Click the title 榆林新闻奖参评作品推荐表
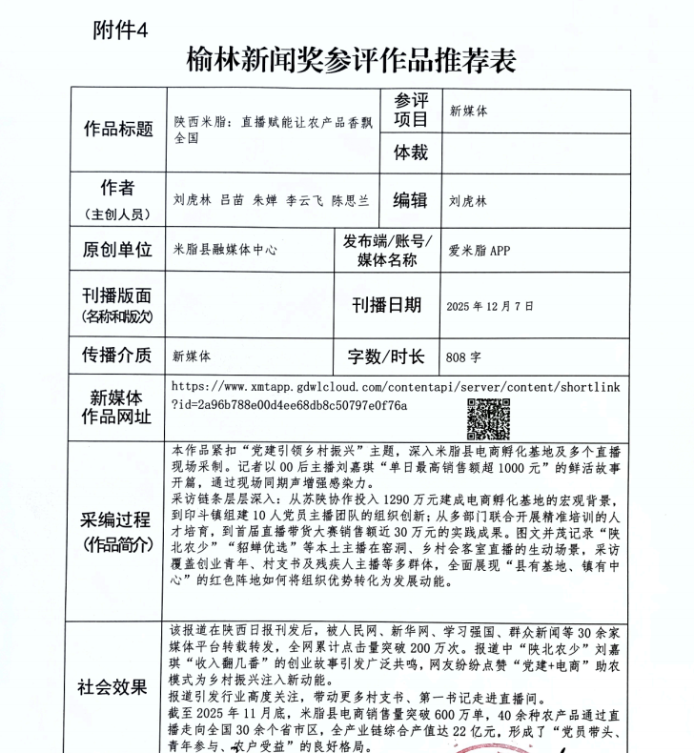(352, 60)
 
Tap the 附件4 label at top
(121, 30)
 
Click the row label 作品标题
(119, 129)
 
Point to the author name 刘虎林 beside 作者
(189, 201)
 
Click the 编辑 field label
(411, 200)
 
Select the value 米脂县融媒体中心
(225, 251)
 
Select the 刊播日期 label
(386, 305)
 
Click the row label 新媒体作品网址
(117, 407)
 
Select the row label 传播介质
(117, 356)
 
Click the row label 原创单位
(117, 250)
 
